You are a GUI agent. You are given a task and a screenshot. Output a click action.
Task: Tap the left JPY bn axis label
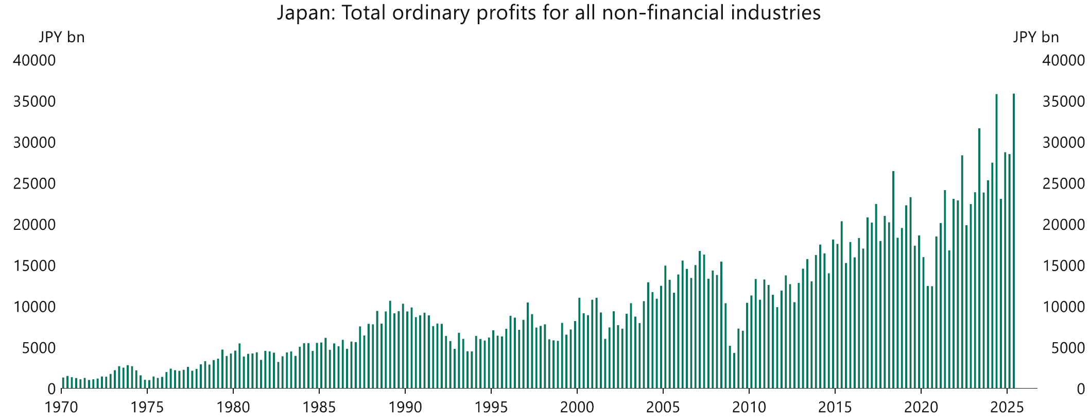62,37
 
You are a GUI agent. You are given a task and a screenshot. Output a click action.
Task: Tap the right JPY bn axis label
1036,37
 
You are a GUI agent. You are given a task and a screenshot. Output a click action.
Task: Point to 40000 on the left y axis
34,61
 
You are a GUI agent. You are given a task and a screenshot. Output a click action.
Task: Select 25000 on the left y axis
34,184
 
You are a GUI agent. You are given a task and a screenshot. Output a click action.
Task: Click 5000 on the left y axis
38,348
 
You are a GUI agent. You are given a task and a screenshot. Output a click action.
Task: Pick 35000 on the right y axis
1064,102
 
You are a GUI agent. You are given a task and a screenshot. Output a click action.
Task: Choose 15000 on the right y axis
1064,266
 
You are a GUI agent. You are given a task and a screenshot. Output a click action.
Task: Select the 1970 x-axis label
61,408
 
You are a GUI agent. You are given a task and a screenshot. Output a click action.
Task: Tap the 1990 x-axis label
405,408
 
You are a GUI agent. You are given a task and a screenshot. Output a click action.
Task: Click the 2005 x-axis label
663,408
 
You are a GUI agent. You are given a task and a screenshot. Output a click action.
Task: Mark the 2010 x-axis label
749,408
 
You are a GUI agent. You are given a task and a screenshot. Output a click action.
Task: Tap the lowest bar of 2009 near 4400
734,371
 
